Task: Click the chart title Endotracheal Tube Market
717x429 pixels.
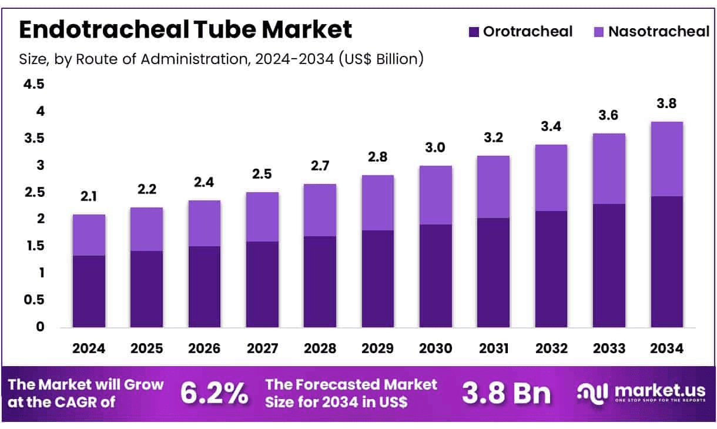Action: pos(186,29)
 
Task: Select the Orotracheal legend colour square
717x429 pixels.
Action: pos(474,32)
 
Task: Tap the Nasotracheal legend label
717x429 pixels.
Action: pos(659,32)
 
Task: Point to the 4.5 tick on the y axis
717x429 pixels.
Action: pos(33,84)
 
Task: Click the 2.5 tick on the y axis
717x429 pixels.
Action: pos(33,192)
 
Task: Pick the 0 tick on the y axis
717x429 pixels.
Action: pos(40,327)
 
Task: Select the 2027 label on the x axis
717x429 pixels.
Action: pos(262,348)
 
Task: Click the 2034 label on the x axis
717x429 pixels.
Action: pos(666,348)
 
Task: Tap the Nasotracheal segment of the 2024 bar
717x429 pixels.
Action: pos(89,235)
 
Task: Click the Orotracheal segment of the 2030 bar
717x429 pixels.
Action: pos(435,276)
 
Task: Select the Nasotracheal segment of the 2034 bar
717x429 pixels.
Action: pos(666,159)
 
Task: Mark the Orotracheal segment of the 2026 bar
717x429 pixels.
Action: pos(205,287)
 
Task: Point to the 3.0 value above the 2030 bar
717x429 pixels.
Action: pos(435,148)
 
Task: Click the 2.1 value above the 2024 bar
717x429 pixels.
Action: pos(89,197)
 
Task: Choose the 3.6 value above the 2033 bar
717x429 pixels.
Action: pos(609,116)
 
